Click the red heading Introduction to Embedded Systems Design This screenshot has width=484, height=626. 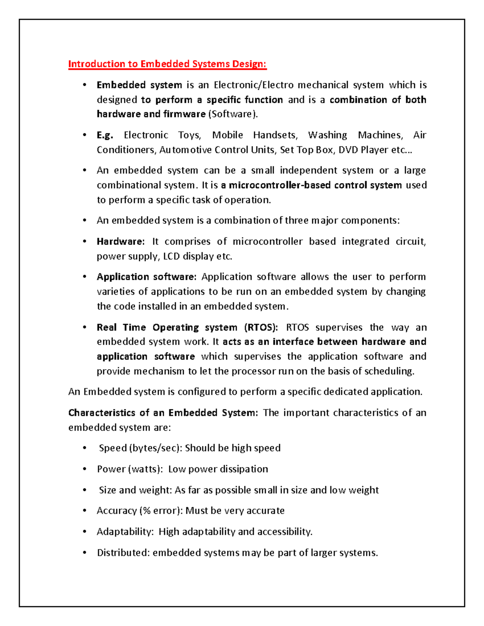(x=167, y=64)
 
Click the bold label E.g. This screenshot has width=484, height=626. (x=104, y=135)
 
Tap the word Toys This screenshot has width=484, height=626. (x=189, y=135)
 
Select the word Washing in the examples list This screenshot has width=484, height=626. (x=328, y=135)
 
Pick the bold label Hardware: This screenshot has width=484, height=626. (x=120, y=242)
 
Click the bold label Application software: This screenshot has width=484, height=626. (x=146, y=277)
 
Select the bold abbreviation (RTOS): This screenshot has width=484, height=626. (x=261, y=327)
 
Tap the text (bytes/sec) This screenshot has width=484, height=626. (x=155, y=448)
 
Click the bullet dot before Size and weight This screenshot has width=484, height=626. (x=84, y=490)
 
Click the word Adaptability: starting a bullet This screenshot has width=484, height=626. (x=125, y=532)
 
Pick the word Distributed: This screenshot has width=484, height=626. (x=123, y=553)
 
